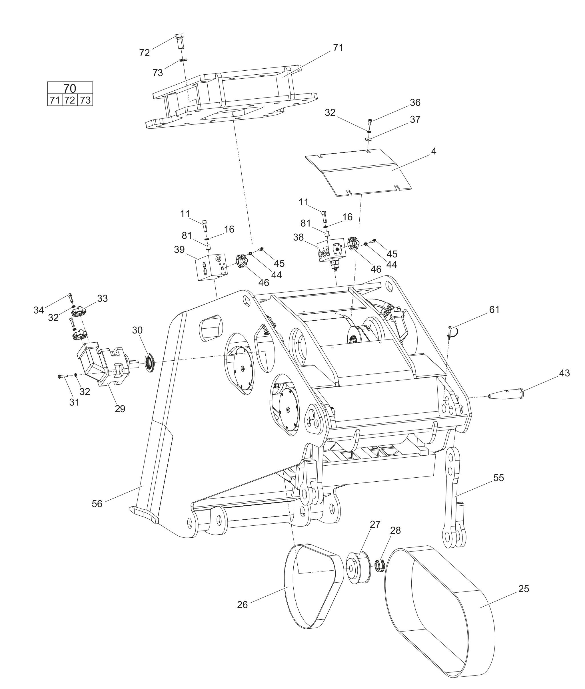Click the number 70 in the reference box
coord(70,88)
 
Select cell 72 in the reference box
coord(70,100)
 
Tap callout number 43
coord(564,373)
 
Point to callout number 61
coord(494,309)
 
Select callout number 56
coord(97,504)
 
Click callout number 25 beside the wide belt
coord(524,588)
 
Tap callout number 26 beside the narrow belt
coord(242,605)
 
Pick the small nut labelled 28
coord(379,566)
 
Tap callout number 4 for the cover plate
coord(433,151)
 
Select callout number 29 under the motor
coord(120,408)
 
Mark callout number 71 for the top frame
coord(338,48)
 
